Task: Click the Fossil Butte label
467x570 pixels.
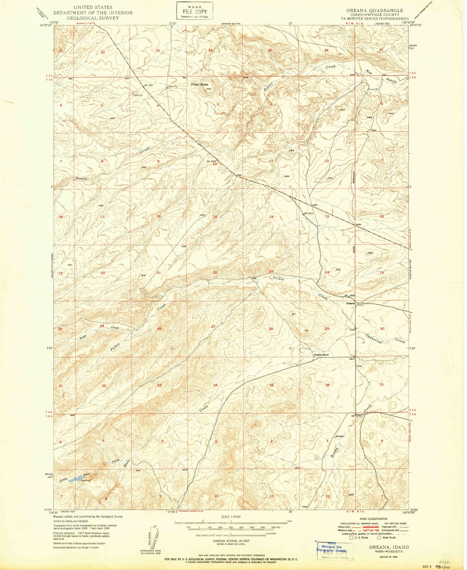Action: click(200, 84)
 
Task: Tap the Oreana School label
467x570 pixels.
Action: click(321, 355)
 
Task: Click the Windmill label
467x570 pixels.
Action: click(340, 436)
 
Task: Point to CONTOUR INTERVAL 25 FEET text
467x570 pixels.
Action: click(230, 541)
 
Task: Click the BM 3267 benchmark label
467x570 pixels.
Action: click(149, 85)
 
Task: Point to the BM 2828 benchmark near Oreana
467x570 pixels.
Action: click(349, 295)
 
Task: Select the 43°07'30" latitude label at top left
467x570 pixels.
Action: click(45, 26)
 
